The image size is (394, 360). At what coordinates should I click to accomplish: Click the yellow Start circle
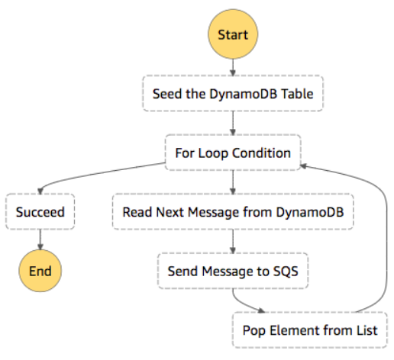point(233,34)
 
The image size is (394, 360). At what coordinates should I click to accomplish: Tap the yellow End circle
point(40,271)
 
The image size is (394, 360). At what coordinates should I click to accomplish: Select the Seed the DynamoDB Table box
point(233,93)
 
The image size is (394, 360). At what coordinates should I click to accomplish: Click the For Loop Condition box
point(233,153)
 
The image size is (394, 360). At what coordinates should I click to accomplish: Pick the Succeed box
point(40,212)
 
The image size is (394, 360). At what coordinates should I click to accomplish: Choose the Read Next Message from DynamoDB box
point(233,212)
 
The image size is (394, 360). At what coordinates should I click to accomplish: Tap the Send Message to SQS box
point(233,271)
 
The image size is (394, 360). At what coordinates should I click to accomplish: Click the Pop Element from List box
point(310,330)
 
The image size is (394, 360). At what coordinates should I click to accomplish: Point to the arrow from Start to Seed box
point(233,67)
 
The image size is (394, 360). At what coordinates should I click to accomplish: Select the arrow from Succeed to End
point(40,239)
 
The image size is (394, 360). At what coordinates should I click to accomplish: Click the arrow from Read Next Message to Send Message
point(233,242)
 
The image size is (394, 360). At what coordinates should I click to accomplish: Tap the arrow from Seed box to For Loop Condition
point(233,123)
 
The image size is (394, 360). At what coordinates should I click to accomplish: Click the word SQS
point(286,271)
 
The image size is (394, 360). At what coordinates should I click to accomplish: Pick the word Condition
point(261,153)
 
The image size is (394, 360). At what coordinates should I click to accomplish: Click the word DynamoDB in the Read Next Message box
point(310,212)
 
